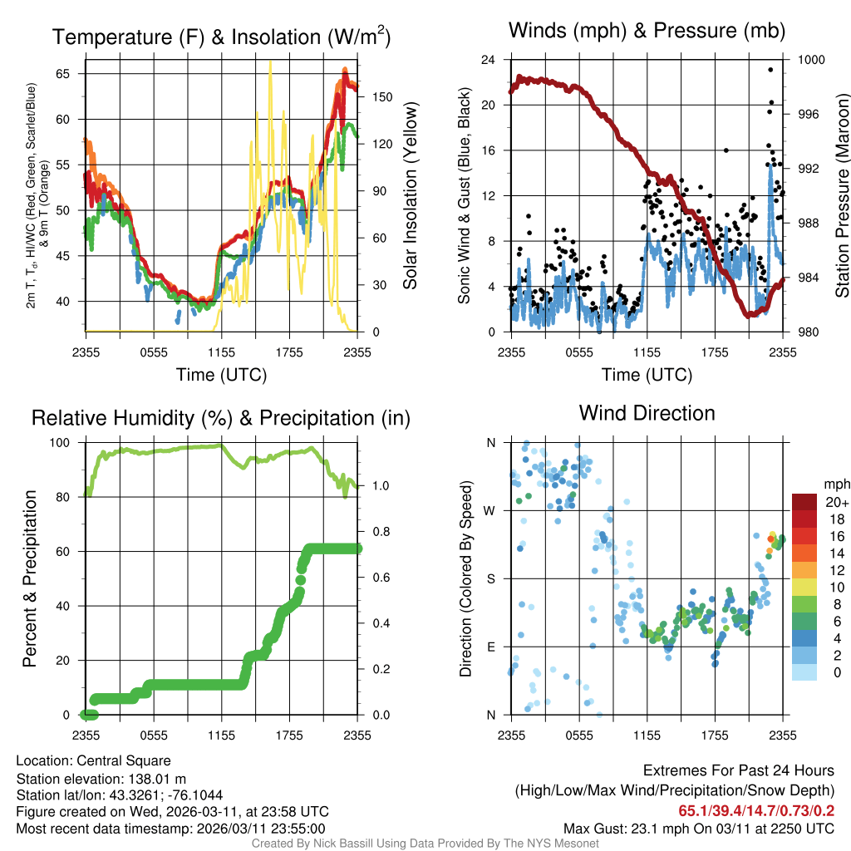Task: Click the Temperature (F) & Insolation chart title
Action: pos(221,37)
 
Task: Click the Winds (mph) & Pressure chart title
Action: pos(647,31)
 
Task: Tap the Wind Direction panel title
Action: pos(647,413)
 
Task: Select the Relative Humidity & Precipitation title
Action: pos(221,418)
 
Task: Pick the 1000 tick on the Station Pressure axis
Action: pos(811,60)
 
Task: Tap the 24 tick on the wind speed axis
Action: pos(489,60)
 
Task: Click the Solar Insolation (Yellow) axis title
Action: pos(410,196)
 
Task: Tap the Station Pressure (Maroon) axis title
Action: pos(841,196)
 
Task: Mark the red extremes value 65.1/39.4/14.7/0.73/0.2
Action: pos(756,811)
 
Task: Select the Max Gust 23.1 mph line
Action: pos(698,829)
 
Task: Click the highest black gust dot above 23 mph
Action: pos(770,70)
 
